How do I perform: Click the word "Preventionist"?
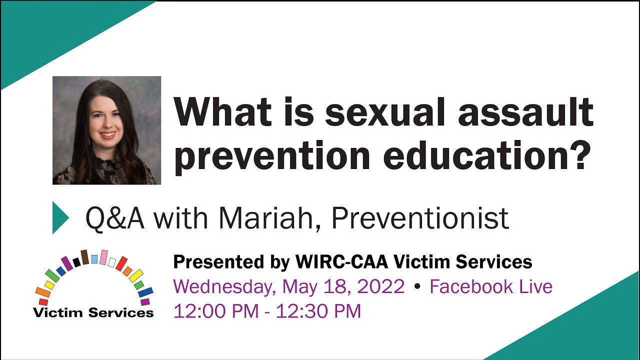pyautogui.click(x=420, y=218)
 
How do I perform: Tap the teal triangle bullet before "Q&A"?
pyautogui.click(x=60, y=217)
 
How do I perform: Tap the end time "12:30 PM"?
pyautogui.click(x=318, y=311)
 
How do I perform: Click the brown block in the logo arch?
pyautogui.click(x=85, y=257)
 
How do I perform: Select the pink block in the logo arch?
pyautogui.click(x=103, y=257)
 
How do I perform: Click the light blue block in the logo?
pyautogui.click(x=94, y=259)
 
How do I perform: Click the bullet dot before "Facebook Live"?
pyautogui.click(x=416, y=287)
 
